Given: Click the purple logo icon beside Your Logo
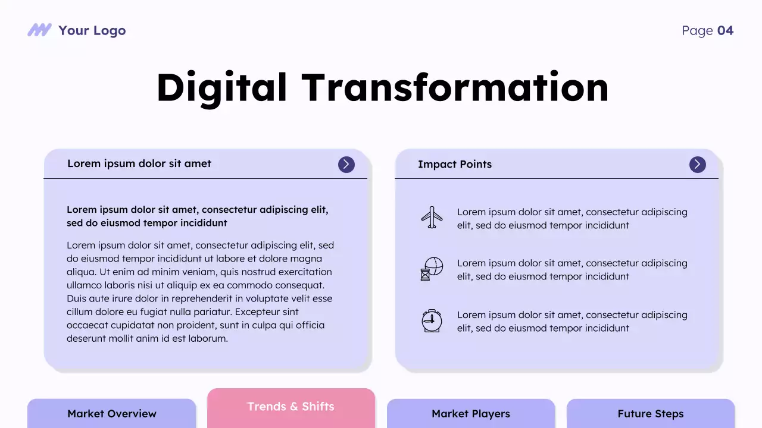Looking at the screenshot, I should pyautogui.click(x=39, y=30).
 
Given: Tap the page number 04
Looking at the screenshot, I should pyautogui.click(x=725, y=31).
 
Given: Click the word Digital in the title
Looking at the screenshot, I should pyautogui.click(x=221, y=88).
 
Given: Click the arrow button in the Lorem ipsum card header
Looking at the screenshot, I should pyautogui.click(x=346, y=165).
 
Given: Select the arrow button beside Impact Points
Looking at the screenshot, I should pyautogui.click(x=698, y=165).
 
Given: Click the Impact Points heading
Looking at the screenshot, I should pyautogui.click(x=455, y=165).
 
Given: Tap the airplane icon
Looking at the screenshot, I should pyautogui.click(x=432, y=218).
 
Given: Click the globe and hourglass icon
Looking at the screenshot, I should pyautogui.click(x=432, y=269).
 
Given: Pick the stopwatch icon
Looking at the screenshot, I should pyautogui.click(x=432, y=321).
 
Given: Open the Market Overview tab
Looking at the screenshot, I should pyautogui.click(x=112, y=414).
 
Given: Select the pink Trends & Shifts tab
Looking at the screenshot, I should pyautogui.click(x=291, y=407).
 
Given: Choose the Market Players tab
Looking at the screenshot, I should pyautogui.click(x=471, y=414).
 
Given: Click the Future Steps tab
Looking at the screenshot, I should pyautogui.click(x=651, y=414).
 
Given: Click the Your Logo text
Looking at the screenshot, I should pyautogui.click(x=92, y=31).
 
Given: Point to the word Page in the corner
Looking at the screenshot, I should pyautogui.click(x=697, y=31).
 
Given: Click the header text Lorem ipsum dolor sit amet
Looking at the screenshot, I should pyautogui.click(x=139, y=164).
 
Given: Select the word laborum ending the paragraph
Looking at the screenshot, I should pyautogui.click(x=208, y=339).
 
